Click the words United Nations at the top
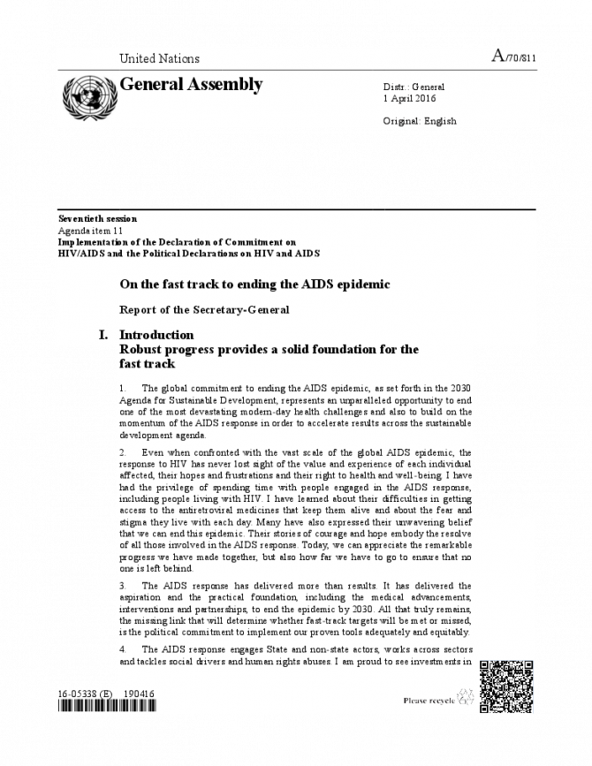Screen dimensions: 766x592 pos(159,59)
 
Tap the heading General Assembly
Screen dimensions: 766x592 pos(191,85)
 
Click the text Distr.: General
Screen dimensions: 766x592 pos(414,87)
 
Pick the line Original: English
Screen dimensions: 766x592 pos(420,120)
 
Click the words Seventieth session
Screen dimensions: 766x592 pos(97,218)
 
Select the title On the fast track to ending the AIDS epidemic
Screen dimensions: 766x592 pos(254,284)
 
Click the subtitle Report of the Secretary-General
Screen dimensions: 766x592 pos(204,310)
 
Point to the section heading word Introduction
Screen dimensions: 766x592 pos(156,335)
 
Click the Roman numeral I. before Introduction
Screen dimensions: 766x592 pos(103,335)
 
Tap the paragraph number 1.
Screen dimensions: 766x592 pos(123,388)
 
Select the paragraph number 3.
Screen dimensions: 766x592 pos(123,586)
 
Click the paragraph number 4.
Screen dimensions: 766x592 pos(123,648)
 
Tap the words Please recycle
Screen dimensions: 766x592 pos(429,701)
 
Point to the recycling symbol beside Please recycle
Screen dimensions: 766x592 pos(466,700)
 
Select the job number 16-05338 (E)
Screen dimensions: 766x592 pos(87,694)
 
